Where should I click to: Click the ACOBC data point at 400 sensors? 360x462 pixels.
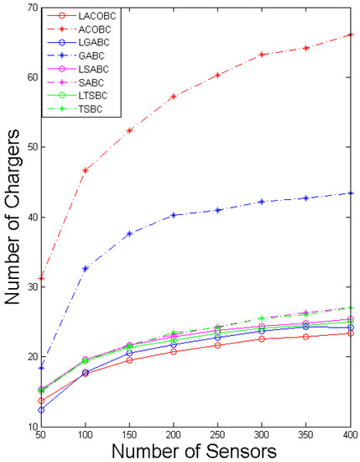(350, 35)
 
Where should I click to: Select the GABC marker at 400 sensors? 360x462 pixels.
(350, 193)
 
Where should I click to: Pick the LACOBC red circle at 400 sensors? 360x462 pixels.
(350, 333)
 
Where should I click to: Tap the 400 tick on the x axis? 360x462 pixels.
(349, 437)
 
